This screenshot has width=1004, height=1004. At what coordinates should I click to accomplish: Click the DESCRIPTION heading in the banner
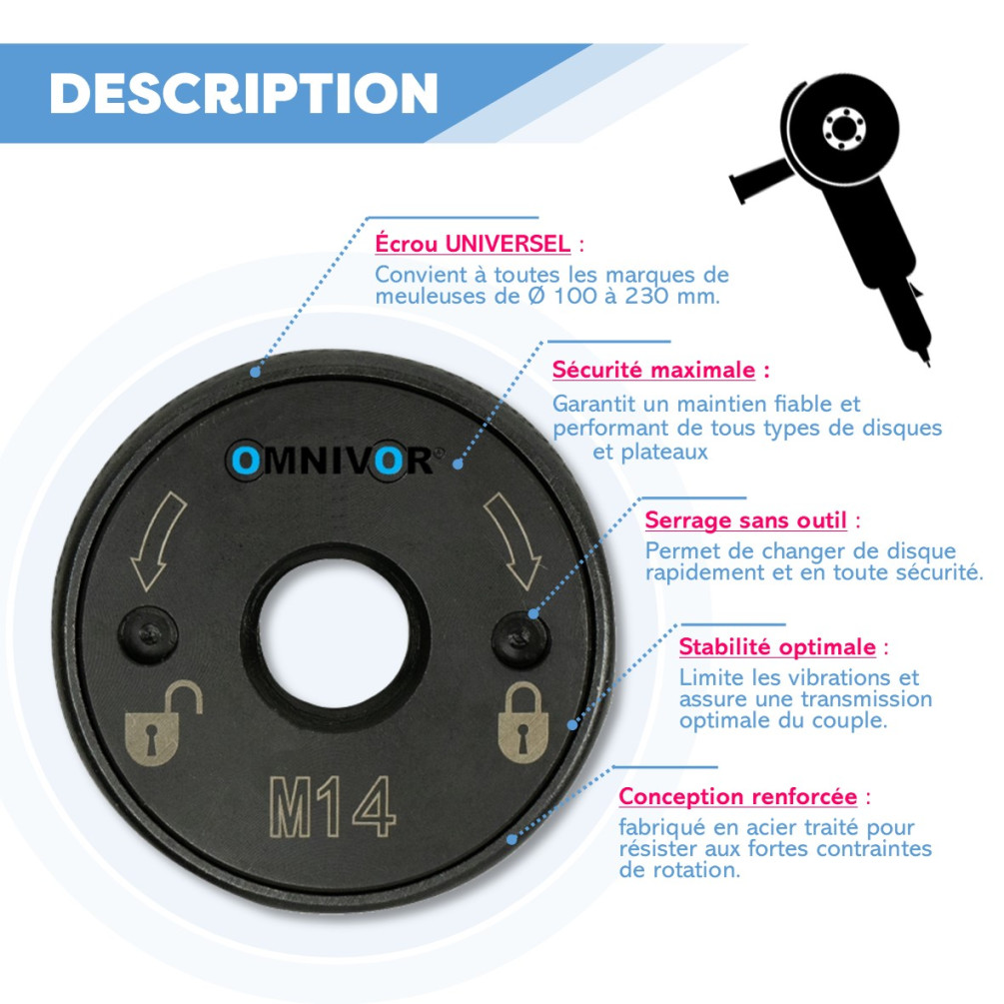point(244,94)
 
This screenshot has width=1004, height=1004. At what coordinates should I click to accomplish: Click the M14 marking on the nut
point(333,807)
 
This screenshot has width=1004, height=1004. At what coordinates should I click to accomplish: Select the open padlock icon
point(163,723)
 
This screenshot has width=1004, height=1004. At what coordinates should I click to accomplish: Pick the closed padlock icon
point(523,722)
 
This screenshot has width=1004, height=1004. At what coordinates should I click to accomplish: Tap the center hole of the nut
point(334,633)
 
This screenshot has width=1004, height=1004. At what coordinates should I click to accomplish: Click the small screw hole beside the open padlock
point(149,635)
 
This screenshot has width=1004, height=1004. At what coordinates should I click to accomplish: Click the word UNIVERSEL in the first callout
point(507,244)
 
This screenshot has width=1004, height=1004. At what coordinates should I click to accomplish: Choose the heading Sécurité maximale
point(653,370)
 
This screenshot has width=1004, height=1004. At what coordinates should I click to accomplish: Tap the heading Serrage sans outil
point(746,519)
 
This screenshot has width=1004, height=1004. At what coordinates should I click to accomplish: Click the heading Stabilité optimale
point(777,647)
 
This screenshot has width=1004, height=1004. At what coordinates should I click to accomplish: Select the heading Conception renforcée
point(737,796)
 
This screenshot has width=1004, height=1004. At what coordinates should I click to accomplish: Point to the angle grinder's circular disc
point(842,128)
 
